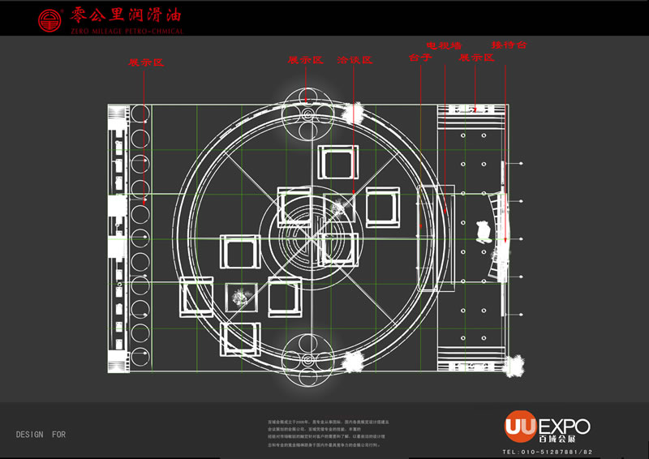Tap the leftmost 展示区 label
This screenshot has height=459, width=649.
(146, 62)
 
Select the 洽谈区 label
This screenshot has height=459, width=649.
(355, 60)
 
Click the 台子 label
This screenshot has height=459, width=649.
(420, 58)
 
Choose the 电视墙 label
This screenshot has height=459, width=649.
(445, 45)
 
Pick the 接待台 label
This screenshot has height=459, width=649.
(509, 45)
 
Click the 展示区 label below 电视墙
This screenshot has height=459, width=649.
(476, 58)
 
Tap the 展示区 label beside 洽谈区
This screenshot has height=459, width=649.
(306, 60)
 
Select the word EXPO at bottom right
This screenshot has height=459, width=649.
(565, 426)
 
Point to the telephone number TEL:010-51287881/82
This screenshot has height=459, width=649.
(548, 452)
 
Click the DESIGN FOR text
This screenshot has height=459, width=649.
(41, 435)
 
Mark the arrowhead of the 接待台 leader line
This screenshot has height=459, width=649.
(505, 241)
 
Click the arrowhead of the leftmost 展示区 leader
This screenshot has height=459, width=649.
(145, 199)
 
